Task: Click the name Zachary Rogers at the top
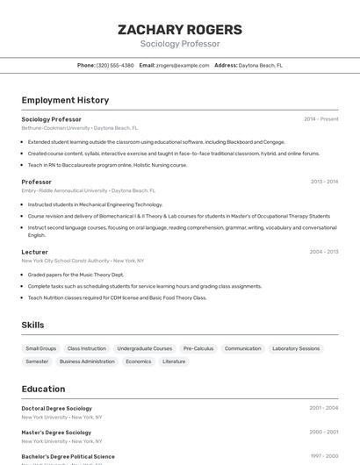pyautogui.click(x=180, y=30)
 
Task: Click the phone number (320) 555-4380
pyautogui.click(x=115, y=65)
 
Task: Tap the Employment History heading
pyautogui.click(x=65, y=100)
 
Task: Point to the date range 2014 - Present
pyautogui.click(x=320, y=119)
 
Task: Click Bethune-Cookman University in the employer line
pyautogui.click(x=55, y=128)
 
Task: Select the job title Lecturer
pyautogui.click(x=34, y=252)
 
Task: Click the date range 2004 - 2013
pyautogui.click(x=323, y=252)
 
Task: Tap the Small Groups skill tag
pyautogui.click(x=41, y=348)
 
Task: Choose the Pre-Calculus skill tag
pyautogui.click(x=198, y=348)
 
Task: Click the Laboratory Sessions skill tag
pyautogui.click(x=296, y=348)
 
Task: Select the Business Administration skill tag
pyautogui.click(x=87, y=361)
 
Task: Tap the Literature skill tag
pyautogui.click(x=174, y=361)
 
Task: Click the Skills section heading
pyautogui.click(x=32, y=325)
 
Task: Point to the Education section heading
pyautogui.click(x=43, y=389)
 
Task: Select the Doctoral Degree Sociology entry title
pyautogui.click(x=56, y=408)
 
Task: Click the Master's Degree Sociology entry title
pyautogui.click(x=56, y=433)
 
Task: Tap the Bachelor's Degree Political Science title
pyautogui.click(x=68, y=456)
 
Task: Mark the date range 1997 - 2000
pyautogui.click(x=323, y=456)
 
